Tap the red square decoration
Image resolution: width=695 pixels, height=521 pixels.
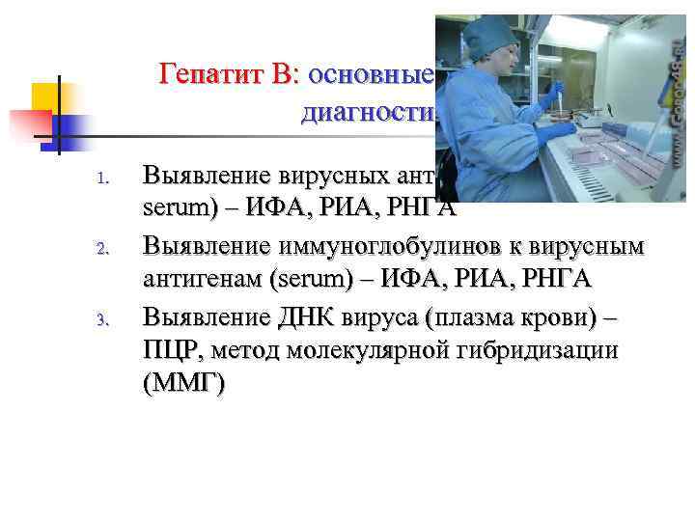[29, 124]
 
